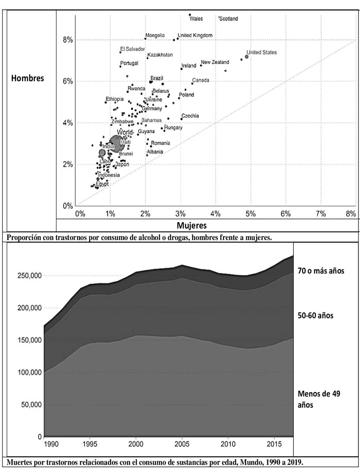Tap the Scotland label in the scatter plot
tap(228, 19)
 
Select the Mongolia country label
tap(155, 36)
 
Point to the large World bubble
tap(117, 143)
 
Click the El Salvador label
tap(132, 49)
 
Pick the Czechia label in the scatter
tap(190, 116)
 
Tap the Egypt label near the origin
tap(102, 184)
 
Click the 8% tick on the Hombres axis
tap(67, 40)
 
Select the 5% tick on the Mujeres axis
tap(250, 213)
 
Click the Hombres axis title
tap(27, 78)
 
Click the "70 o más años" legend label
tap(321, 271)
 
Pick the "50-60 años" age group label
tap(316, 316)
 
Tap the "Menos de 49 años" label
tap(319, 399)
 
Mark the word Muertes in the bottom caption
tap(20, 463)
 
